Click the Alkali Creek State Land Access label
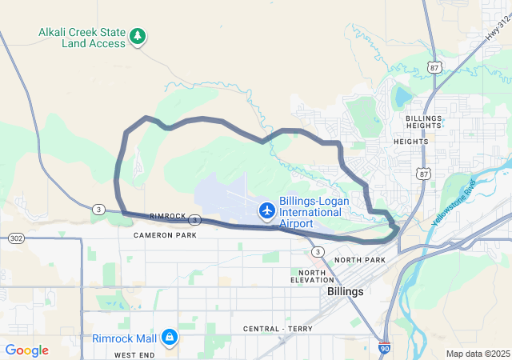pos(82,38)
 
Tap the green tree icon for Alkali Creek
pos(138,36)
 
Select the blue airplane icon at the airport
pos(266,210)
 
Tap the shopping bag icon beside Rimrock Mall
pos(169,338)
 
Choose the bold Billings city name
pos(346,292)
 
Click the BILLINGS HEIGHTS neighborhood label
pos(423,122)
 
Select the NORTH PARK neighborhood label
pos(360,261)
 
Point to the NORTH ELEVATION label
pos(311,277)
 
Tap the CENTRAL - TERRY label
pos(277,330)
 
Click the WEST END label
pos(134,354)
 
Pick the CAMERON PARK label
pos(165,235)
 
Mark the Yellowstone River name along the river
pos(453,202)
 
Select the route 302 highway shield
pos(16,238)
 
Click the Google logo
pos(26,350)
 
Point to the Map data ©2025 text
pos(477,354)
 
